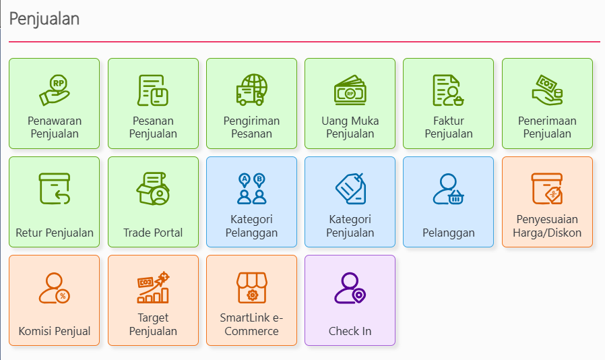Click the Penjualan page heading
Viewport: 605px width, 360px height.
click(x=44, y=19)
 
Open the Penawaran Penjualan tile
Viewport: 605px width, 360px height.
click(x=55, y=104)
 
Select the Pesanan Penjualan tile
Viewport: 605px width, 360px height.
click(x=153, y=104)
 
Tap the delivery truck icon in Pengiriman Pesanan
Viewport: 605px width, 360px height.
click(x=251, y=90)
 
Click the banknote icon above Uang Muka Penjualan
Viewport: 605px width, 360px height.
click(x=350, y=90)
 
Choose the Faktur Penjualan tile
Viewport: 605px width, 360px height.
click(x=448, y=104)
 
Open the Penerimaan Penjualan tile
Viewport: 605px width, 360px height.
click(x=547, y=104)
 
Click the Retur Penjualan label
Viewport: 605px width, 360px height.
click(x=55, y=233)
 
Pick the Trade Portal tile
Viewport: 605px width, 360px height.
click(x=153, y=202)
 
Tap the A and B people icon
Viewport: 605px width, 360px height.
click(x=251, y=189)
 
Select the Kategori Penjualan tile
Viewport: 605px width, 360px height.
click(x=350, y=202)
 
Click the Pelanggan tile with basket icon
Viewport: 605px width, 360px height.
click(x=448, y=202)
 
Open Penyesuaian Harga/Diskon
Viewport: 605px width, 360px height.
click(x=547, y=202)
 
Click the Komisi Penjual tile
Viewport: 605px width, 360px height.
click(x=55, y=301)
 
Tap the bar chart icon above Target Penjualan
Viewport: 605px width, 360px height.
click(x=153, y=287)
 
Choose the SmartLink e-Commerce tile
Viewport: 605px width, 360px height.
click(x=251, y=301)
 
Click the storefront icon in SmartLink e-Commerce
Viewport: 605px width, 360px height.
click(x=251, y=288)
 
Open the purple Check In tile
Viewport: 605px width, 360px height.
click(x=350, y=301)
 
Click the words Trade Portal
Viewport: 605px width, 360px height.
click(x=153, y=233)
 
